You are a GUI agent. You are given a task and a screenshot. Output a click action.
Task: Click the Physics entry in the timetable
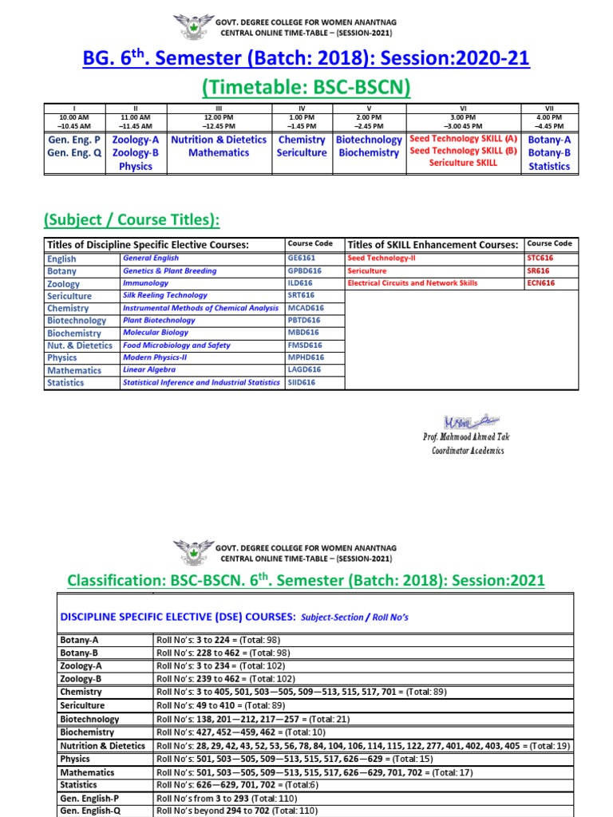coord(135,167)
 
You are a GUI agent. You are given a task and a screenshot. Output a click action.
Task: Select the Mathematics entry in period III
coord(219,153)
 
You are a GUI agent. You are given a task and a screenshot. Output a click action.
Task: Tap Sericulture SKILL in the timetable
coord(463,163)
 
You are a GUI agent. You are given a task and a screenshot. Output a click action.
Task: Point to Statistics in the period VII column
coord(549,167)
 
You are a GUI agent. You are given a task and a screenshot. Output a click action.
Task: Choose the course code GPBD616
coord(304,270)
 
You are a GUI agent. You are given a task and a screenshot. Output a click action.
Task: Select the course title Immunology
coord(145,283)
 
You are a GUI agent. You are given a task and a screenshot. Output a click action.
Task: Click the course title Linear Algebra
coord(148,370)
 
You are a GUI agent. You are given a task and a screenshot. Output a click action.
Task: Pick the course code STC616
coord(540,258)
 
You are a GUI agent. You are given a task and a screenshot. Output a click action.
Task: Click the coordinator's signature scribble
coord(465,420)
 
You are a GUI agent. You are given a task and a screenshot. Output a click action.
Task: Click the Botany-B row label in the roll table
coord(82,653)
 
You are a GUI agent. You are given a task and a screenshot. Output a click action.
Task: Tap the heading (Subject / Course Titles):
coord(132,219)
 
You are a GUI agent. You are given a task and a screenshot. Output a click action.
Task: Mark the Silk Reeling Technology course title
coord(165,295)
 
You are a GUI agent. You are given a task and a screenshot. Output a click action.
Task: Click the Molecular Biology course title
coord(156,333)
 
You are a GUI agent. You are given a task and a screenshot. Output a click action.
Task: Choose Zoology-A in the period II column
coord(135,140)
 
